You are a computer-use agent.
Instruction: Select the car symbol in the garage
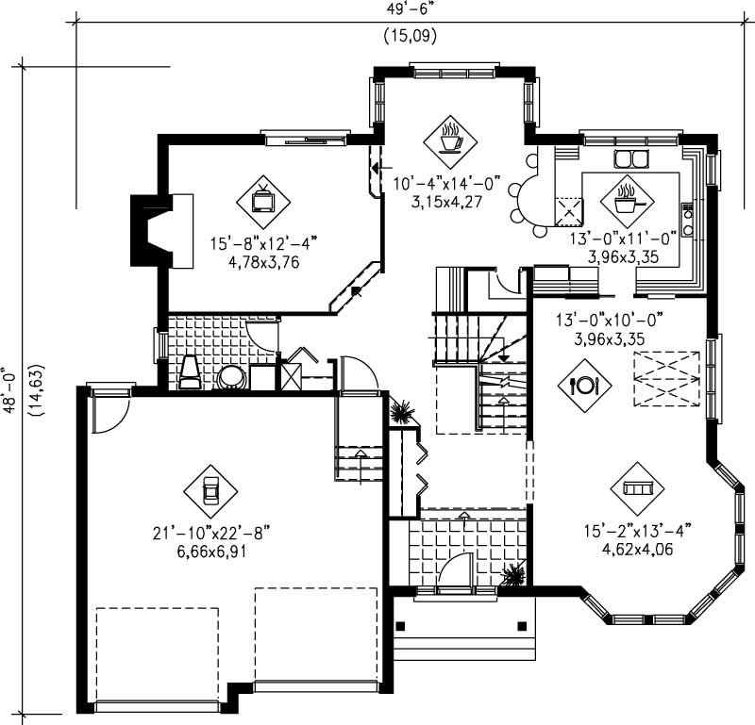point(210,489)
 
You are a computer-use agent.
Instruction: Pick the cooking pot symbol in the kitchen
point(626,197)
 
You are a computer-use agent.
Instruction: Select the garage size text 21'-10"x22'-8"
point(210,534)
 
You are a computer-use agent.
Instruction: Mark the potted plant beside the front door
point(514,575)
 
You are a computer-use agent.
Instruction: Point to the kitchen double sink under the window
point(629,157)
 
